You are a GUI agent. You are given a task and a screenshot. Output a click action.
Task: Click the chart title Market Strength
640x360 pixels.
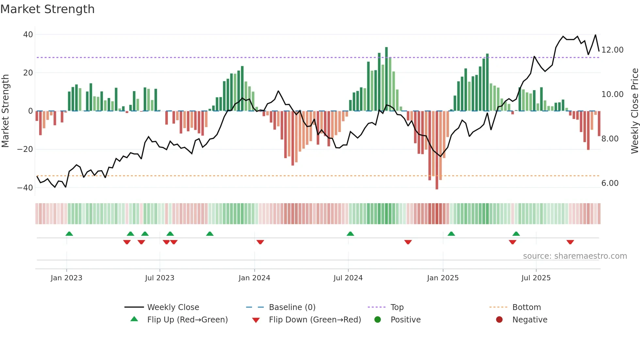point(48,9)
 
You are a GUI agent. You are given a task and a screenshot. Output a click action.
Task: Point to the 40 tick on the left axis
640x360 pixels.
point(28,35)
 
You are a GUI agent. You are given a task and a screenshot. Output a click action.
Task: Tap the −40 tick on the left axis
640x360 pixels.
point(25,188)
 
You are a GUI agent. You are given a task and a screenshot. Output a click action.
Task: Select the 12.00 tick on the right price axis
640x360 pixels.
point(612,50)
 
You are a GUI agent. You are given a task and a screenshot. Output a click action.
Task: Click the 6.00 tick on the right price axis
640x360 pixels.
point(610,183)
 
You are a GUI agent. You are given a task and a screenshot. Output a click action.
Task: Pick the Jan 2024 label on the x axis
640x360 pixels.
point(254,278)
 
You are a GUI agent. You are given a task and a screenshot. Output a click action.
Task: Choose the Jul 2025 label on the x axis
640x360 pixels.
point(536,278)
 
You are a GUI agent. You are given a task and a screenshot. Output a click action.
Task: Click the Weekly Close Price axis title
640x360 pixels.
point(634,111)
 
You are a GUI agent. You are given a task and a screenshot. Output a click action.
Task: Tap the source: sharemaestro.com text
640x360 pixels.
point(575,256)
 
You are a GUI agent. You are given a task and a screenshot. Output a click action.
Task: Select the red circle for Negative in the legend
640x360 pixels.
point(499,320)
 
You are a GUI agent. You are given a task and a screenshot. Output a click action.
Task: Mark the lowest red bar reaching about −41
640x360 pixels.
point(437,150)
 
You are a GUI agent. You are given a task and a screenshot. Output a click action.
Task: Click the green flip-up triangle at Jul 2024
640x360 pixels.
point(350,234)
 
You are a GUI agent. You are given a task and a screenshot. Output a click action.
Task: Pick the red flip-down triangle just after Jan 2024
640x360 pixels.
point(260,242)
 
